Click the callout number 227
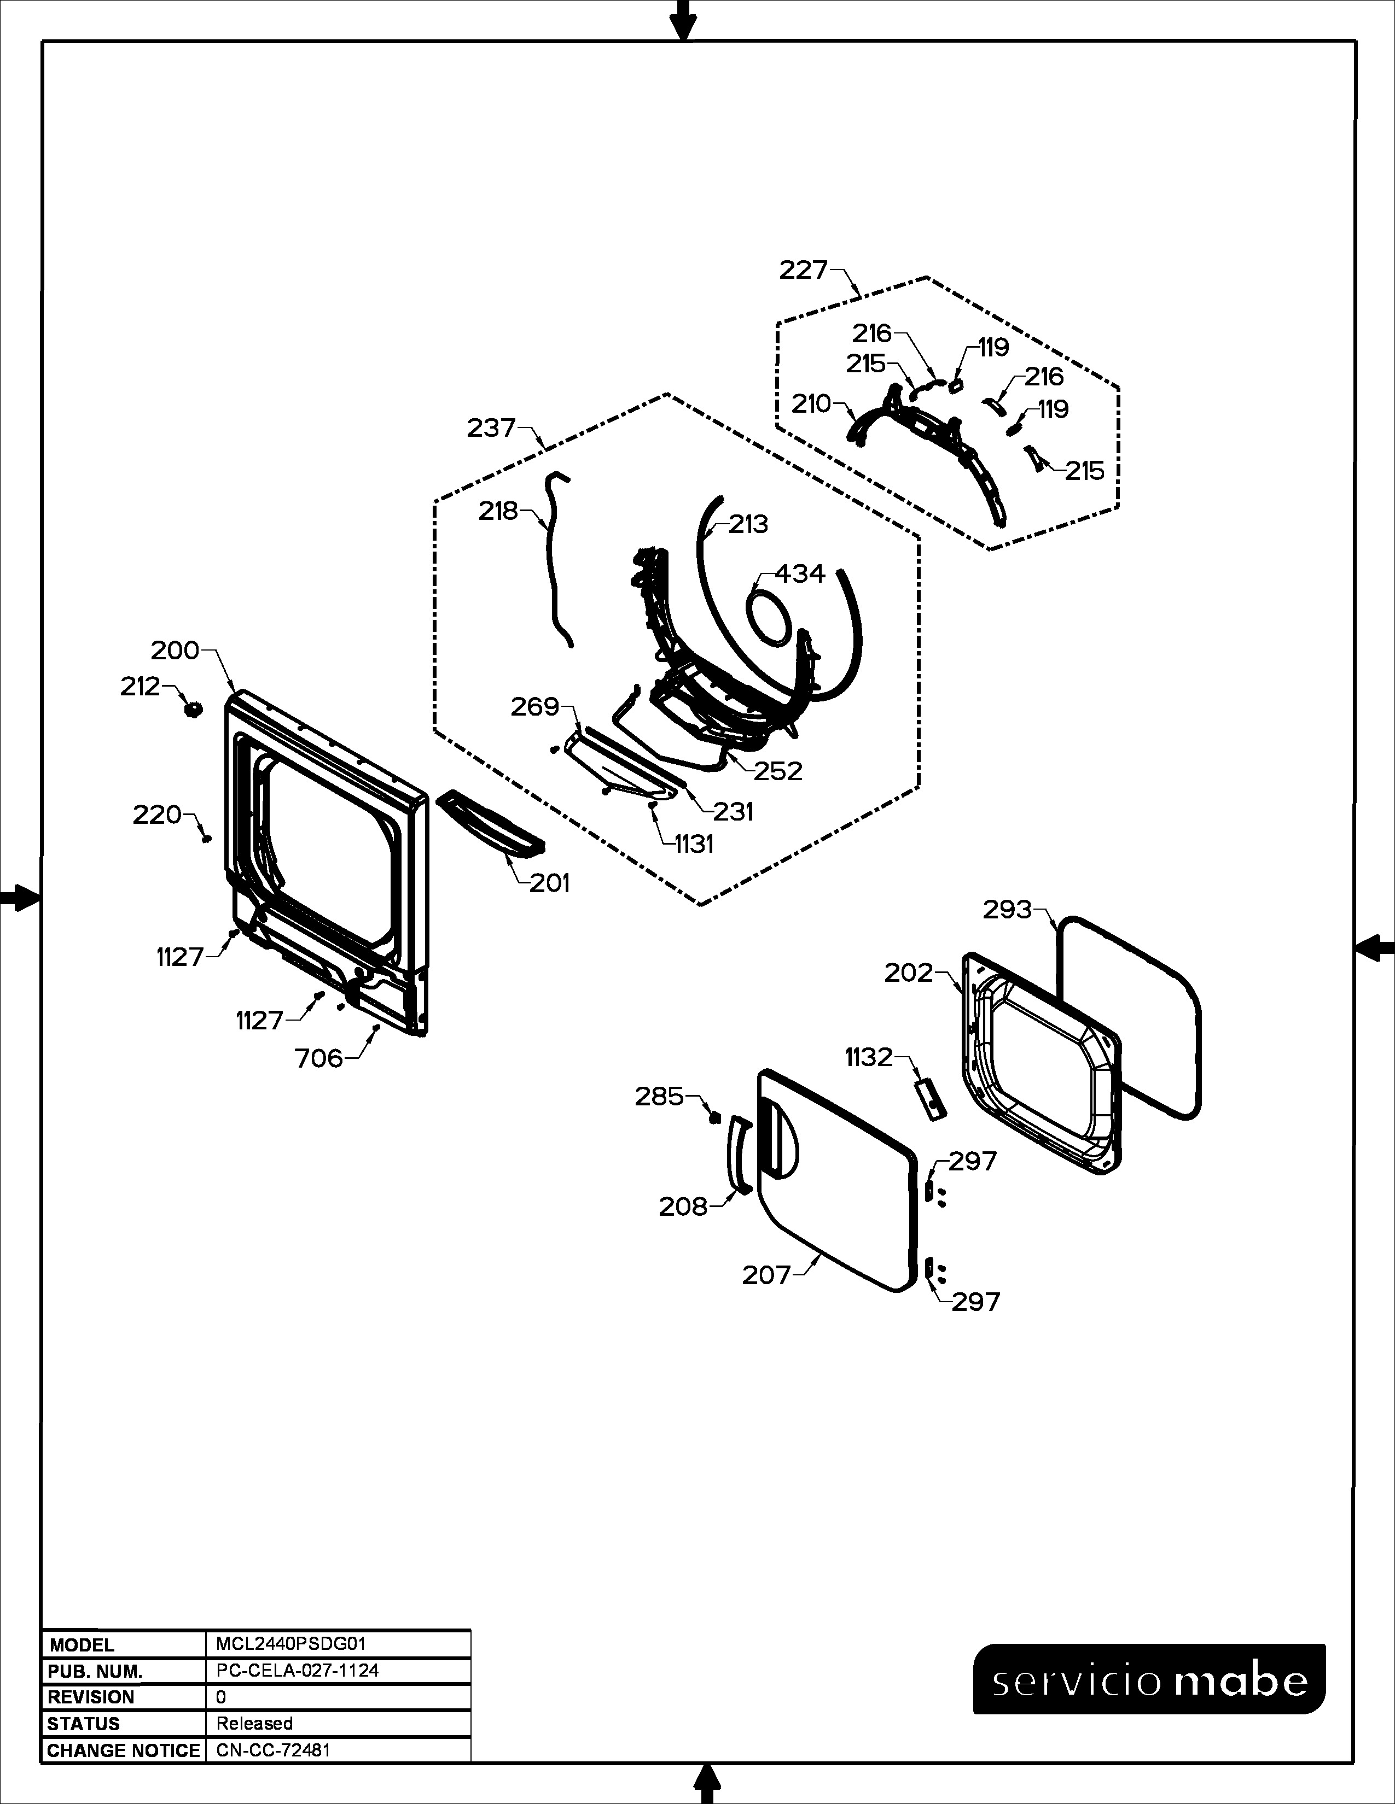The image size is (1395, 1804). (x=803, y=270)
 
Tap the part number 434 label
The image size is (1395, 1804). (x=800, y=573)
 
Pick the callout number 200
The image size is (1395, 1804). (x=175, y=651)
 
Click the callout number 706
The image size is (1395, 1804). (x=319, y=1058)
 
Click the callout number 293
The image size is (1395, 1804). (x=1007, y=910)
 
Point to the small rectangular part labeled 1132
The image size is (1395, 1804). (x=929, y=1098)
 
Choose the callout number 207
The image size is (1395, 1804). (x=767, y=1275)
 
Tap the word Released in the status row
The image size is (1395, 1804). (x=254, y=1723)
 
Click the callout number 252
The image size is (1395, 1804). (x=778, y=771)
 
